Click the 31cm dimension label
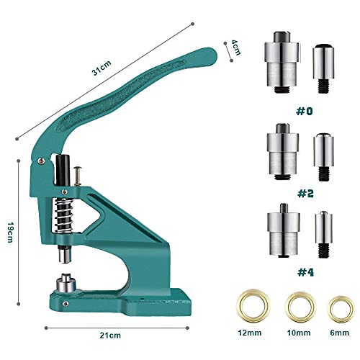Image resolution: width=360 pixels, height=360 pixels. click(102, 68)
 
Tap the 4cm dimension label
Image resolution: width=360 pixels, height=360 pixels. click(235, 48)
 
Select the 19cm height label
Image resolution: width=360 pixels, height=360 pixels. click(10, 232)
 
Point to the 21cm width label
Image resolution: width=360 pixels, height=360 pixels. click(110, 335)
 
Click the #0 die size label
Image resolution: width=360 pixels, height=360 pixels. click(305, 111)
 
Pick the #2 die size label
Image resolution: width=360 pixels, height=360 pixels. click(305, 194)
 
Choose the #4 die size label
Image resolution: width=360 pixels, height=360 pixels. click(305, 272)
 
